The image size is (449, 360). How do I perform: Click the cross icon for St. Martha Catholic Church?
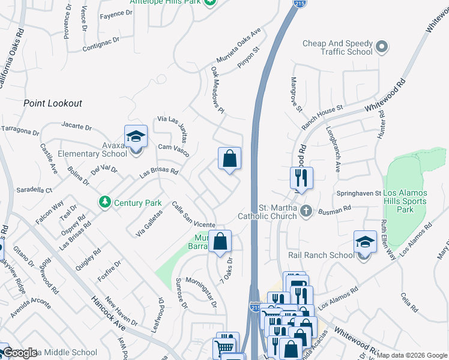click(306, 211)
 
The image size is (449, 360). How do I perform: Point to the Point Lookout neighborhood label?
click(53, 103)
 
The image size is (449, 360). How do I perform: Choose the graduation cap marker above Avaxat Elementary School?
click(136, 137)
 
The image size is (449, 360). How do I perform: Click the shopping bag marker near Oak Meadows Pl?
click(229, 159)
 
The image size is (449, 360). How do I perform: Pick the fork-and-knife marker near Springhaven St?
click(301, 178)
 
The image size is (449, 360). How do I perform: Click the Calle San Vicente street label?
click(193, 215)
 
